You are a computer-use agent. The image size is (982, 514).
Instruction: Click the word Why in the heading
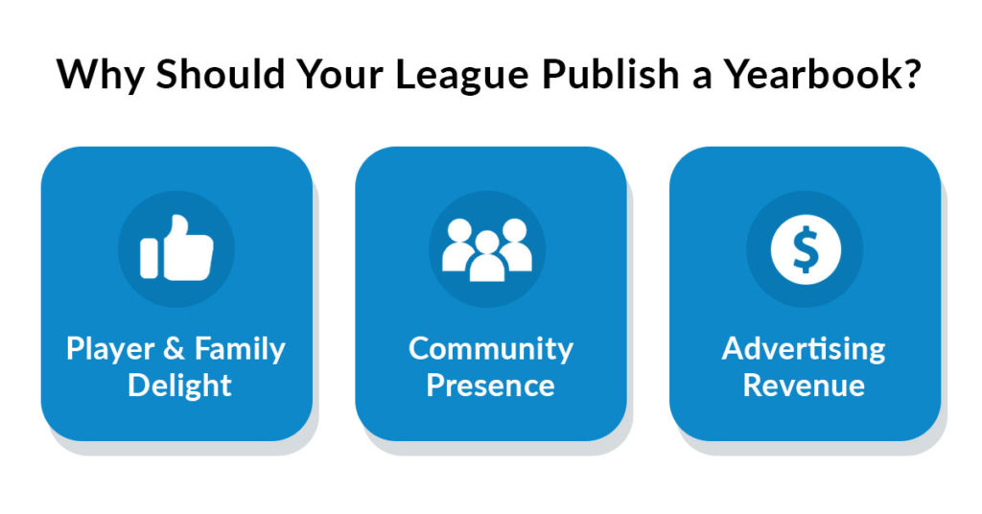(x=100, y=75)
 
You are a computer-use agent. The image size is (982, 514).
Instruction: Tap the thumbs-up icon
(x=176, y=248)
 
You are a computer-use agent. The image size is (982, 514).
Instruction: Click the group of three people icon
(x=487, y=249)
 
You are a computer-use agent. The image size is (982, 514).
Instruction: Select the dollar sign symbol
(x=805, y=249)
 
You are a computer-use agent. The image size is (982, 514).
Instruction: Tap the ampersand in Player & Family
(x=174, y=349)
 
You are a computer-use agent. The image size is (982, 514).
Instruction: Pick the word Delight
(x=179, y=386)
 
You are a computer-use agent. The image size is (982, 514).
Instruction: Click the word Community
(x=491, y=350)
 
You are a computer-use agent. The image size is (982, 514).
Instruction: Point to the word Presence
(x=490, y=385)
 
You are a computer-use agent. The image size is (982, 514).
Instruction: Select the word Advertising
(x=805, y=350)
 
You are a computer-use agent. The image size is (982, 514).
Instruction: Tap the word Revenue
(x=805, y=385)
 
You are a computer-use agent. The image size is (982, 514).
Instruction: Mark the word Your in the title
(x=339, y=74)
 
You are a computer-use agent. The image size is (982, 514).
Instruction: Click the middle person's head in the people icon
(x=487, y=242)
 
